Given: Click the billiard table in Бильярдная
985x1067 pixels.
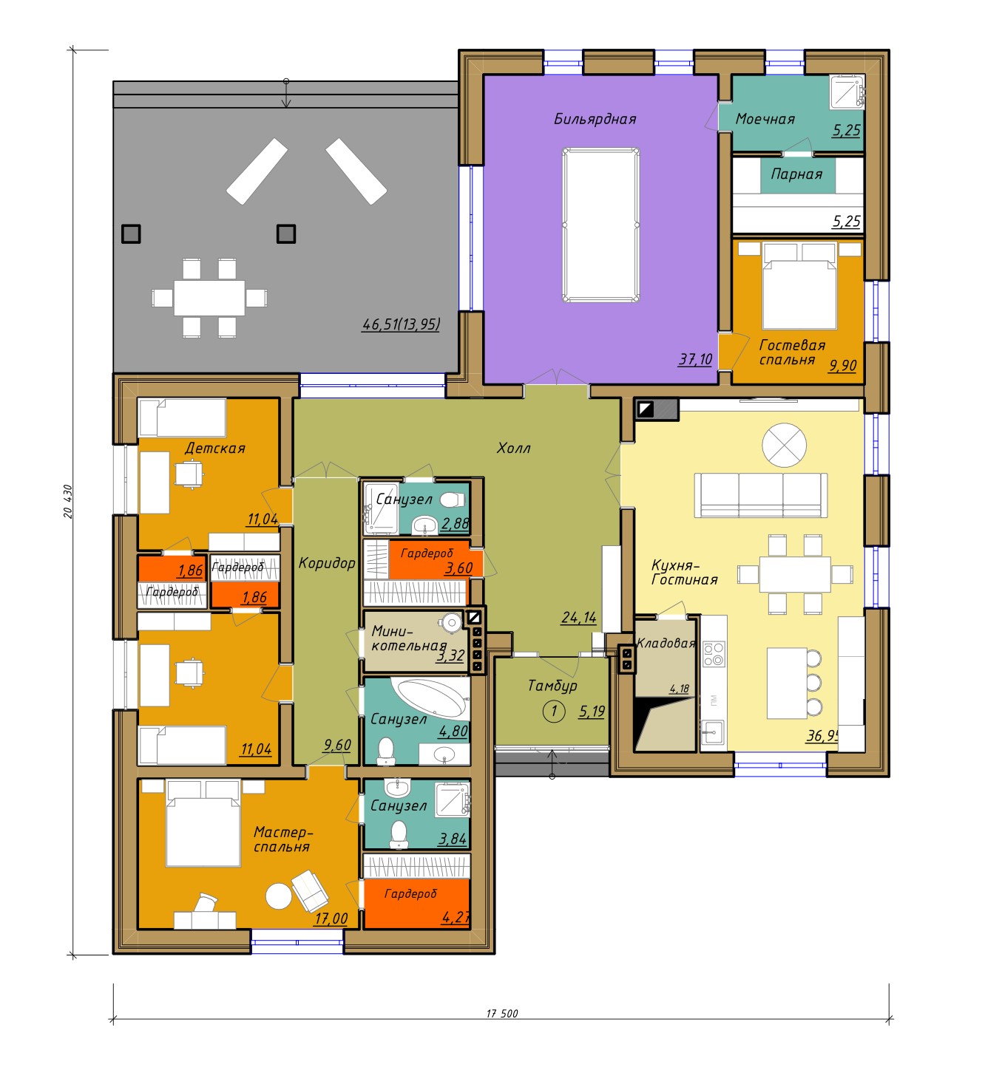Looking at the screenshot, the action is click(600, 225).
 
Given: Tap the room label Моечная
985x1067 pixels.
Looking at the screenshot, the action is click(764, 119).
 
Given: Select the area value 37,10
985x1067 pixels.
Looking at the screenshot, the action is click(694, 359).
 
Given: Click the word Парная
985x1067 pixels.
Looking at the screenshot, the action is click(796, 174).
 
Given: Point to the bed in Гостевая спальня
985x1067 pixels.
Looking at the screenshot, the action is click(799, 286).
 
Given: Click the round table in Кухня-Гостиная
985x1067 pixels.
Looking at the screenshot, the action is click(784, 445).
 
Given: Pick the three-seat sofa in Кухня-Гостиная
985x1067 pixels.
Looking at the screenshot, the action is click(760, 495).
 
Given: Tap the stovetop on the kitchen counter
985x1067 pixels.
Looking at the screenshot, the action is click(714, 653).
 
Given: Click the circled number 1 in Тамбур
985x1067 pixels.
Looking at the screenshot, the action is click(553, 712).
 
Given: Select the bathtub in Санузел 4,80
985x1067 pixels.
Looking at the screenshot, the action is click(430, 697).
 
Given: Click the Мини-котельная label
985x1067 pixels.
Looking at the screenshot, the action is click(409, 638).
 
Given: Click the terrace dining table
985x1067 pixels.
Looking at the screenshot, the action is click(209, 298).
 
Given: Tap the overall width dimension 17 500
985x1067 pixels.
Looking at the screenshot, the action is click(501, 1014).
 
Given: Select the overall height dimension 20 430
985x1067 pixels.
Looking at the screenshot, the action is click(68, 501).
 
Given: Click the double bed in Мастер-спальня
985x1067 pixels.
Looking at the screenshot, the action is click(203, 824).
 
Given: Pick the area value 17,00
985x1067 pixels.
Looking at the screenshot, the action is click(331, 918).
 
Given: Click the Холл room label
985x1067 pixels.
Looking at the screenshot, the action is click(513, 448).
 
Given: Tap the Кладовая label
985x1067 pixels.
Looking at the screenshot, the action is click(666, 643).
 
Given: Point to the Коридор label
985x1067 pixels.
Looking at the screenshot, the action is click(327, 562).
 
